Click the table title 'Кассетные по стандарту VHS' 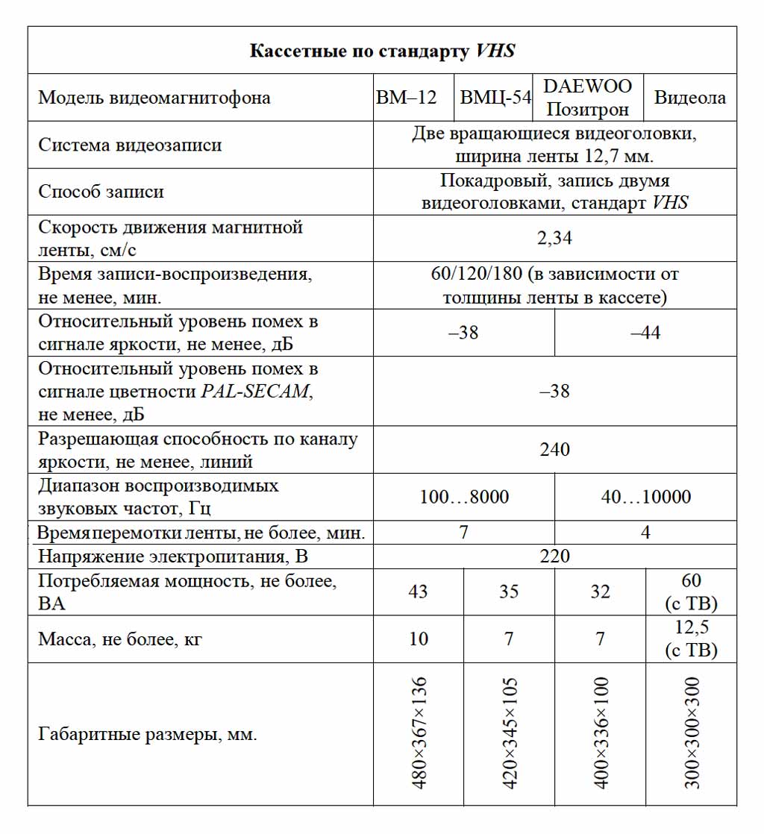click(382, 51)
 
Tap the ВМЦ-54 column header click(495, 98)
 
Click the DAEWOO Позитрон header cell click(587, 98)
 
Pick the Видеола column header click(689, 98)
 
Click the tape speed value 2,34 click(554, 238)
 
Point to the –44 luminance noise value click(645, 333)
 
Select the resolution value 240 click(554, 450)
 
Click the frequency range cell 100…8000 click(464, 497)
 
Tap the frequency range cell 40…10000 click(645, 497)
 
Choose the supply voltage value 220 click(554, 556)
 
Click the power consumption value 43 click(418, 592)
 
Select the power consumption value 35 click(509, 592)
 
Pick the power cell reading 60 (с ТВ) click(691, 592)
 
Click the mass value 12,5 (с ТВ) click(691, 639)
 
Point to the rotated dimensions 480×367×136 click(419, 733)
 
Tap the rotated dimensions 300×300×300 click(692, 733)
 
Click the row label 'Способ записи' click(101, 192)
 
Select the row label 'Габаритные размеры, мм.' click(147, 735)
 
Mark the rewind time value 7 click(464, 533)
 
